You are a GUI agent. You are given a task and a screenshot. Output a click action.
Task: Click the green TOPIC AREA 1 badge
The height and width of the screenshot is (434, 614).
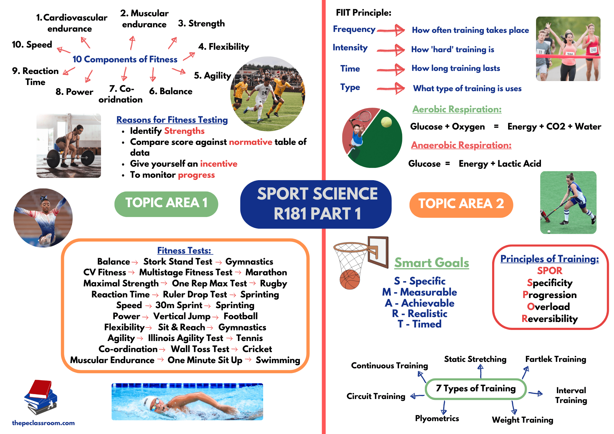(x=166, y=203)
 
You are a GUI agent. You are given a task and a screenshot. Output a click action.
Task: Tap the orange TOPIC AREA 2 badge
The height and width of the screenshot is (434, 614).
(x=461, y=204)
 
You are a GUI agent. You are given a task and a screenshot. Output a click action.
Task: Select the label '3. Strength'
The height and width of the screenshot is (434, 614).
(x=201, y=24)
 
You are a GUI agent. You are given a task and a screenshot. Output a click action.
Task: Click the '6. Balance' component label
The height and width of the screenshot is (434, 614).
(x=171, y=91)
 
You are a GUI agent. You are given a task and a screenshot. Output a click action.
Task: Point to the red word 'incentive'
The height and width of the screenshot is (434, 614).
(x=219, y=164)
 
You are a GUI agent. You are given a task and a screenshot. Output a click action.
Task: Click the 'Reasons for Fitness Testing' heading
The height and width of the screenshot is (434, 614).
(x=172, y=120)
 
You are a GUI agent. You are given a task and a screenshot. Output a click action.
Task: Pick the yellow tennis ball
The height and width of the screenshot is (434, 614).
(x=386, y=122)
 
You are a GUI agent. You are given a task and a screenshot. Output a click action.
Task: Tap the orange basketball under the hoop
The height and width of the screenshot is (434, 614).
(x=350, y=279)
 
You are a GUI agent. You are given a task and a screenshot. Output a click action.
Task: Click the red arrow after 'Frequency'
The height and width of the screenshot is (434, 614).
(x=391, y=30)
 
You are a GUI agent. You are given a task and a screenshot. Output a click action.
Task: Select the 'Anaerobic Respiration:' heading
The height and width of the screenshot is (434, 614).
(x=461, y=145)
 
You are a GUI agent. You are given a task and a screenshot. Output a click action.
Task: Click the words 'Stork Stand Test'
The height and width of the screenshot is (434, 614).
(x=178, y=262)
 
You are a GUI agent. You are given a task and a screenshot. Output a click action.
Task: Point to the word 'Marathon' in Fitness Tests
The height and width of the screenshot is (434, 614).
(x=266, y=273)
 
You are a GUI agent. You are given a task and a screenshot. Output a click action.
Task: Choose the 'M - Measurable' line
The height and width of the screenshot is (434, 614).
(x=419, y=292)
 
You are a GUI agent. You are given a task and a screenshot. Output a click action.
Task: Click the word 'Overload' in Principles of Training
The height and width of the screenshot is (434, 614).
(x=548, y=307)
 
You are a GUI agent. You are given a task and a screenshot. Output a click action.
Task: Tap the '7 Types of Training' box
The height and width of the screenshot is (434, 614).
(x=476, y=389)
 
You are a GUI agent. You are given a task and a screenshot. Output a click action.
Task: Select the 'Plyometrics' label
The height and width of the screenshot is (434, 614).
(x=437, y=418)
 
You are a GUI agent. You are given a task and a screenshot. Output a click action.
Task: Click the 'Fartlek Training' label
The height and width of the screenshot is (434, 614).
(x=556, y=359)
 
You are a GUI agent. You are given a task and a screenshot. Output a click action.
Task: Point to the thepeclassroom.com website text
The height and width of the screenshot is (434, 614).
(x=43, y=423)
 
